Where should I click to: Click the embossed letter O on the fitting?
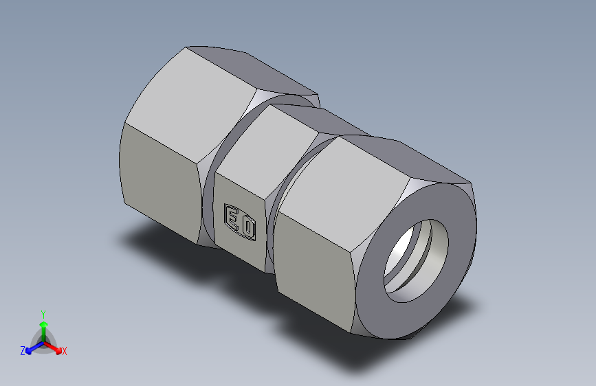click(249, 228)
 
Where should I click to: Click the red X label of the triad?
click(65, 352)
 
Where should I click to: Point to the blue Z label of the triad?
click(23, 350)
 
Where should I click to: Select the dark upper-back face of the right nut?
click(412, 158)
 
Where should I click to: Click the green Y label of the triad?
click(43, 313)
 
